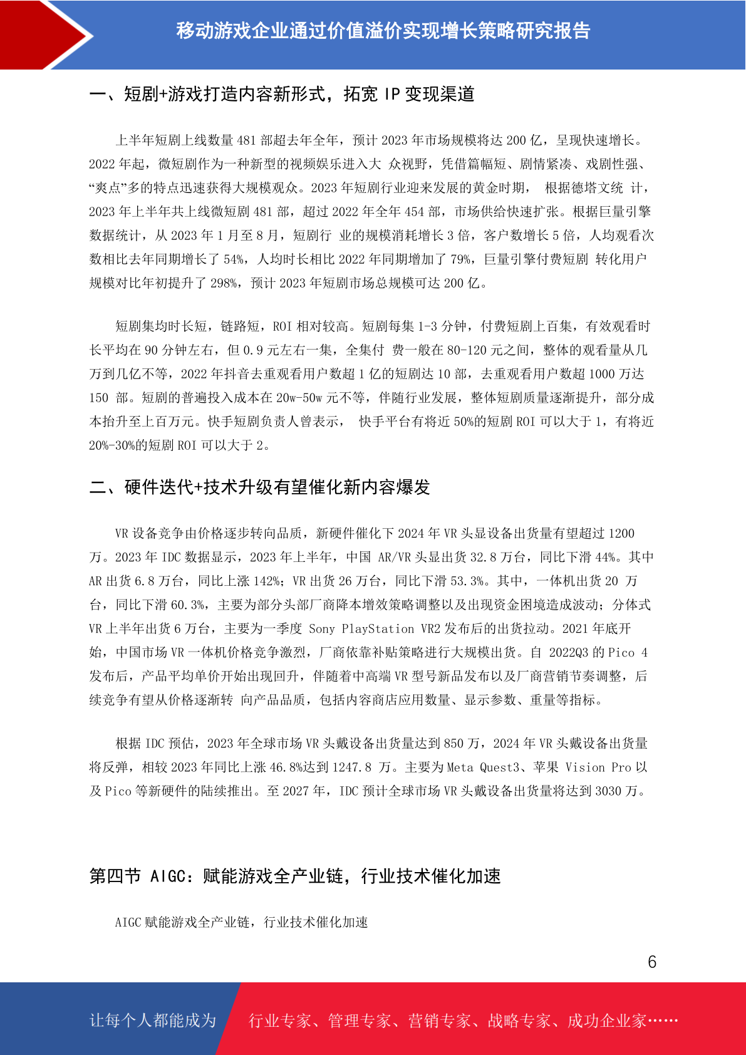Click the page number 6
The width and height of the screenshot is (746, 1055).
[x=652, y=962]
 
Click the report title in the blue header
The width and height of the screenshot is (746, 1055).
[x=383, y=31]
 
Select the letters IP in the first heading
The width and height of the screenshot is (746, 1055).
[x=392, y=94]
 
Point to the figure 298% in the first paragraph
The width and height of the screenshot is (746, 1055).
[x=224, y=283]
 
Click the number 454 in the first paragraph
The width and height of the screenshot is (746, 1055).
[x=414, y=212]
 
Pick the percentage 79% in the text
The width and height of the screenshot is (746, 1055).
[x=460, y=259]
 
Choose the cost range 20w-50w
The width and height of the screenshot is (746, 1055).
[x=299, y=398]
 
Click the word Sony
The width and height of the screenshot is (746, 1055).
[x=322, y=628]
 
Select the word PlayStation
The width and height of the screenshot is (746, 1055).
[x=378, y=628]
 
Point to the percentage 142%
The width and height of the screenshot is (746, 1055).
[x=267, y=581]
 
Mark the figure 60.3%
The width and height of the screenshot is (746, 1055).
[x=188, y=605]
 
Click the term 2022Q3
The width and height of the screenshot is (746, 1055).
[x=569, y=652]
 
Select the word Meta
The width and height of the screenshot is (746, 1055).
[x=460, y=767]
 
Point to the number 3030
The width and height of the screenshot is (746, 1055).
[x=608, y=791]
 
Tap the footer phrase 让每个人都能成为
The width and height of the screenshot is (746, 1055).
[x=153, y=1021]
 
